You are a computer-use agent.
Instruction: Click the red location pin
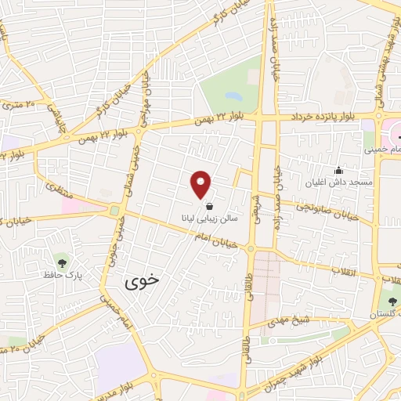[201, 182]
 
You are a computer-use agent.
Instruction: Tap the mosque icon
[338, 171]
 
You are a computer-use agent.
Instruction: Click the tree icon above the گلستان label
[391, 302]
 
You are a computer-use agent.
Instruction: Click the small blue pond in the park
[233, 97]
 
